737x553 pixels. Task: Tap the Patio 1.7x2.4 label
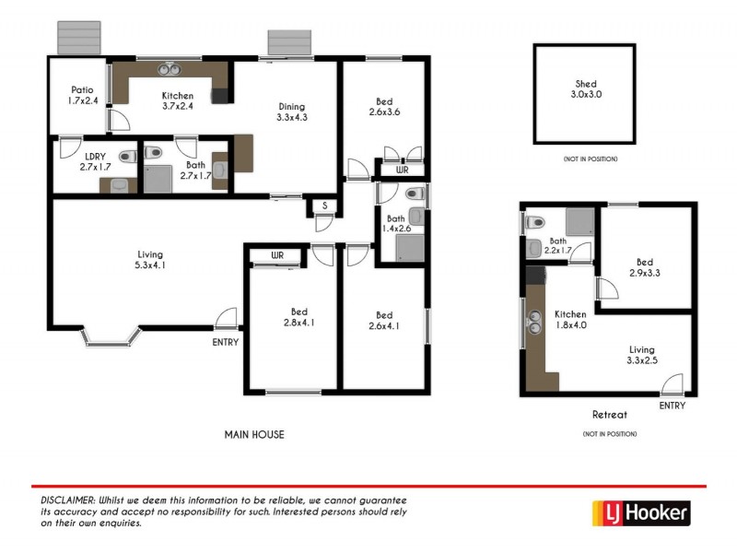coord(83,96)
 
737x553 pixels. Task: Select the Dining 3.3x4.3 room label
coord(291,112)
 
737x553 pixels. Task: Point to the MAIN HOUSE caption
coord(255,435)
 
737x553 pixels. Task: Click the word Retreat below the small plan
coord(610,415)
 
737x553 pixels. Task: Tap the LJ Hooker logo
coord(638,513)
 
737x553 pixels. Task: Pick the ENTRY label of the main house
coord(225,342)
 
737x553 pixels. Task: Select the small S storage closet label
coord(324,206)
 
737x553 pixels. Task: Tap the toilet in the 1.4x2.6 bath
coord(415,194)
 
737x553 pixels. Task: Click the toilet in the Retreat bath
coord(532,221)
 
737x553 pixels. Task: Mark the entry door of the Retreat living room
coord(673,384)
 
